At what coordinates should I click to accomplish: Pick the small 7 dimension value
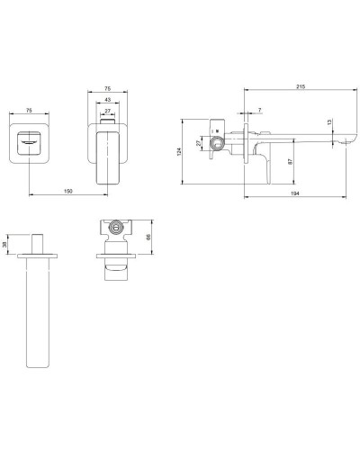[259, 111]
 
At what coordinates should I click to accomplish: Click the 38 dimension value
[6, 244]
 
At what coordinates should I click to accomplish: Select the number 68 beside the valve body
[148, 238]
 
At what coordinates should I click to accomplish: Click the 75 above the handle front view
[107, 88]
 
